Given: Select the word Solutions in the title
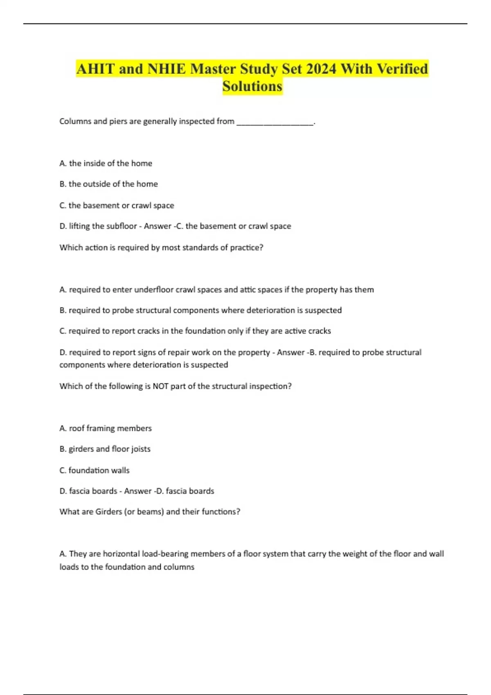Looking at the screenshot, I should [252, 86].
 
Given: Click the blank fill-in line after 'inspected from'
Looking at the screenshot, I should [275, 121].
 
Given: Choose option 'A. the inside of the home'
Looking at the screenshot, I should [106, 163].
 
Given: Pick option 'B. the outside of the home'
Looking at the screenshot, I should [108, 184].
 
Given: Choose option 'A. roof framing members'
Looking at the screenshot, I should [105, 428].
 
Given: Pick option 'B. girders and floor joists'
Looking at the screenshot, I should [105, 449].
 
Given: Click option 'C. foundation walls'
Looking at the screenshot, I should [94, 470].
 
